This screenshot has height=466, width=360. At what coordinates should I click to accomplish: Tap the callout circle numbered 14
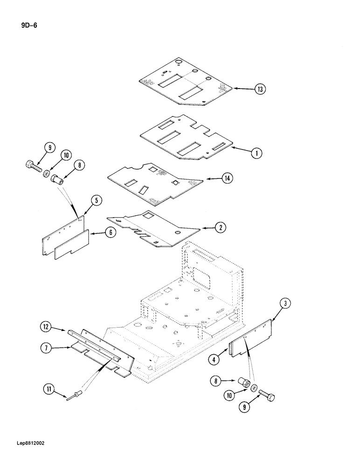(x=227, y=179)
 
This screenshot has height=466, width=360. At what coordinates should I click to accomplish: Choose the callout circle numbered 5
(x=95, y=201)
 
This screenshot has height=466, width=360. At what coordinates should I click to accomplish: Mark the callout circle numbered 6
(x=110, y=233)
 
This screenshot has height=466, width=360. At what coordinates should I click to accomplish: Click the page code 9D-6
(x=28, y=25)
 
